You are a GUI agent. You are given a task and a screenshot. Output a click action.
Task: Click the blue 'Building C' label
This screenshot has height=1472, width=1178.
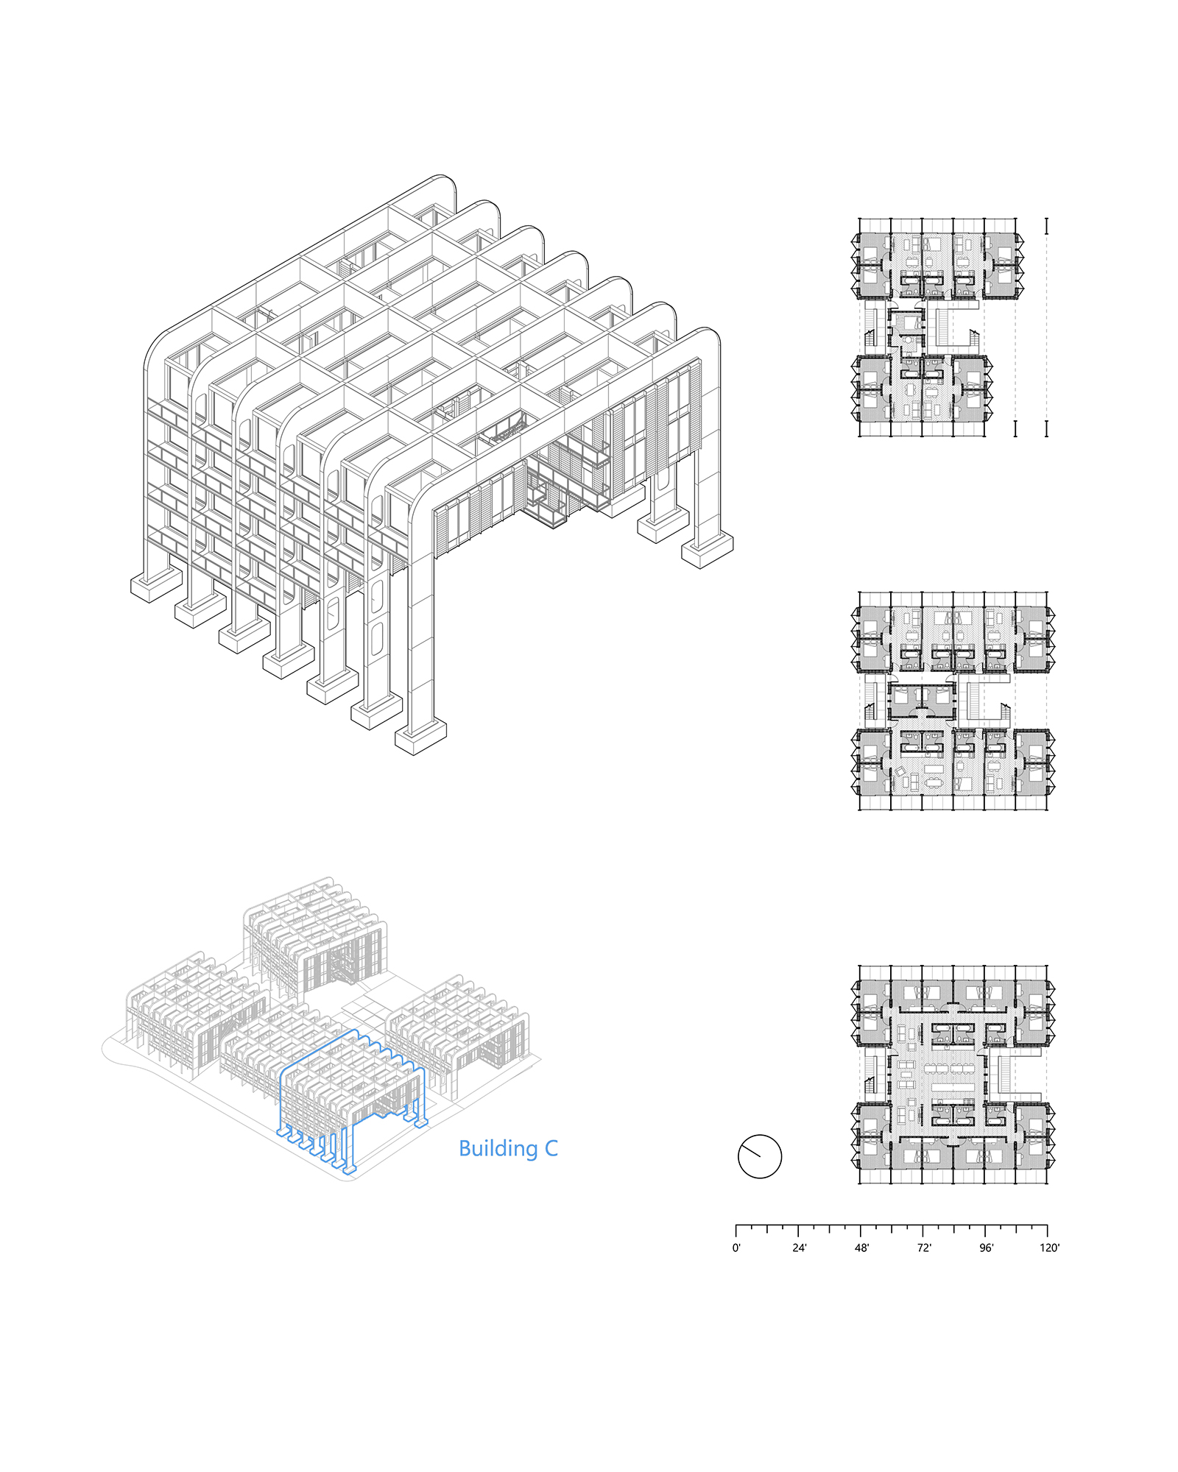(508, 1149)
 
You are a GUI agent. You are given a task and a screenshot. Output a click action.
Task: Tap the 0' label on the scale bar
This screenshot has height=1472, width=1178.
(736, 1248)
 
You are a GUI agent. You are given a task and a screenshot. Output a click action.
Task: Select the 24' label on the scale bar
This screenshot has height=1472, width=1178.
(800, 1248)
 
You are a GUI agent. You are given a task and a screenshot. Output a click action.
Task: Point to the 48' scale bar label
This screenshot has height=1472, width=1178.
(861, 1248)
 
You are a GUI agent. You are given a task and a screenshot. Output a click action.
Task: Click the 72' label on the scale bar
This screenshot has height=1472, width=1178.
(924, 1248)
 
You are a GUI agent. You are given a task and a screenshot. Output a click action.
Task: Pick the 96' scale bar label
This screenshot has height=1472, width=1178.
(986, 1248)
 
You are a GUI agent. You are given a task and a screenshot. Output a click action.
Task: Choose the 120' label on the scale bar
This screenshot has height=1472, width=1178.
(1050, 1248)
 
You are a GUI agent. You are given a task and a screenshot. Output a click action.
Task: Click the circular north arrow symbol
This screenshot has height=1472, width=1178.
(760, 1156)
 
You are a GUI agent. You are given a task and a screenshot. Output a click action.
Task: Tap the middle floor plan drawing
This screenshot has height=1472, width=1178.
(953, 701)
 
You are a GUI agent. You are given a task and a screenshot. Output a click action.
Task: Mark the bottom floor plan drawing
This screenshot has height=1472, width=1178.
(953, 1075)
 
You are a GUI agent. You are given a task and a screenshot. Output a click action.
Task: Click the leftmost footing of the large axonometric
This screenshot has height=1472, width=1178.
(156, 585)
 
